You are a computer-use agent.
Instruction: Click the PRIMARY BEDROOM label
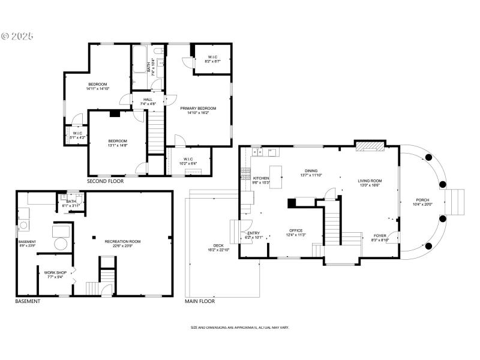point(198,108)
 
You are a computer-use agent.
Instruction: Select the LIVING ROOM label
point(370,180)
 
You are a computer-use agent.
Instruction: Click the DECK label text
point(220,245)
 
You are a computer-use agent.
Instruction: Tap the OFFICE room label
point(296,230)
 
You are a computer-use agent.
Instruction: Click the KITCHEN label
point(261,178)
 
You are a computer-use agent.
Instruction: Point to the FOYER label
point(380,236)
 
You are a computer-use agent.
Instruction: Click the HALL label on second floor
point(148,100)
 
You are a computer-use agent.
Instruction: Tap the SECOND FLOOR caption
point(105,181)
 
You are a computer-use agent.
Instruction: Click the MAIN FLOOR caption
point(200,301)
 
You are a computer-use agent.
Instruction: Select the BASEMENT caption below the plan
point(28,301)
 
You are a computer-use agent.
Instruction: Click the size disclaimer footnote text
point(239,328)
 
